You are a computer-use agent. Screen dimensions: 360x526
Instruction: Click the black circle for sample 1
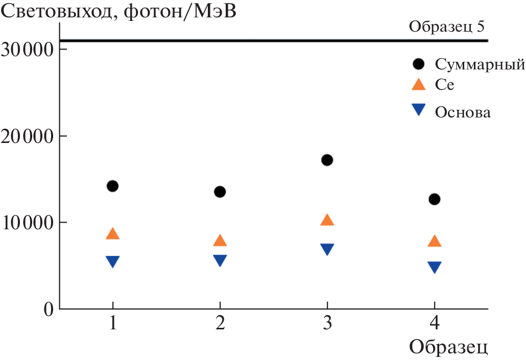tap(112, 186)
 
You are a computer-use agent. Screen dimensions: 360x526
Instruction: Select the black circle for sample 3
tap(327, 160)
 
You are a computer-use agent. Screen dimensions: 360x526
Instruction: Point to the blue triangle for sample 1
tap(112, 261)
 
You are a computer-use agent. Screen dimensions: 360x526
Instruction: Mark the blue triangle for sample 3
tap(327, 249)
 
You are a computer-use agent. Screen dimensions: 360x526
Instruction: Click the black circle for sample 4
tap(434, 199)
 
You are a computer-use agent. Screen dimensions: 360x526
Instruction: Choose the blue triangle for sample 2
tap(220, 260)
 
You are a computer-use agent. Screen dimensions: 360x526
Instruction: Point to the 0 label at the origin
tap(48, 309)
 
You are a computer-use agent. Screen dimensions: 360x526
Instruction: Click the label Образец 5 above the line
tap(447, 27)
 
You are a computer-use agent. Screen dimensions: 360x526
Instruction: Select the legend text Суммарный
tap(480, 65)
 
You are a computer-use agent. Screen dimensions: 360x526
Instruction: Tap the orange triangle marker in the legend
tap(418, 85)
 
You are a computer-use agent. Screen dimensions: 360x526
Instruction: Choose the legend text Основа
tap(463, 112)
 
